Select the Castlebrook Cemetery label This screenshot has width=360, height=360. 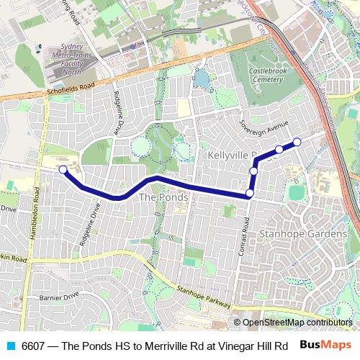(x=268, y=76)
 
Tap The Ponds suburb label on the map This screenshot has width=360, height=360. (x=163, y=197)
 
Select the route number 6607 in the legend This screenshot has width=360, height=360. (x=33, y=346)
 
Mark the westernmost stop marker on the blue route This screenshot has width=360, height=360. (x=63, y=170)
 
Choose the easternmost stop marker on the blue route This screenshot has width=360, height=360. (x=297, y=141)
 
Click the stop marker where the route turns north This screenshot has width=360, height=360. (x=250, y=193)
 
